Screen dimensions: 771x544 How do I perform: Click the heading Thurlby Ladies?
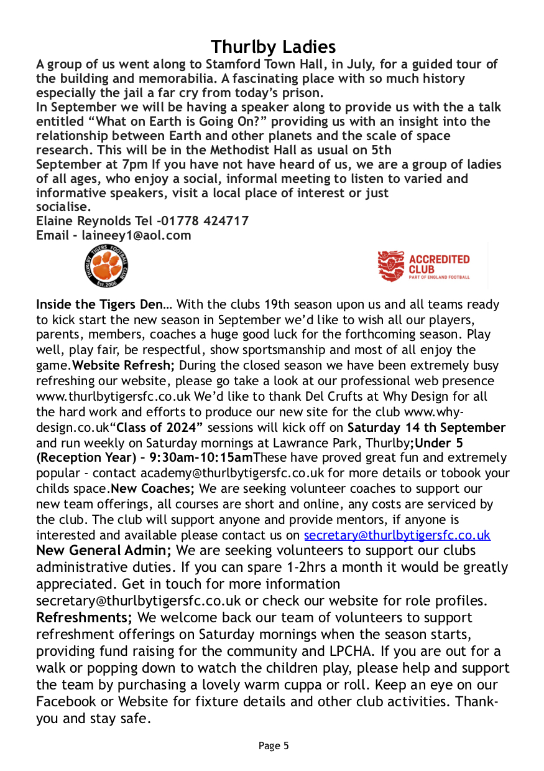coord(273,47)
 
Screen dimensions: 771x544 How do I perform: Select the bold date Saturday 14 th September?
coord(426,428)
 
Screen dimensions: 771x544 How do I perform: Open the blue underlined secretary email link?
coord(397,535)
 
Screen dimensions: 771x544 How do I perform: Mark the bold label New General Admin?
coord(104,551)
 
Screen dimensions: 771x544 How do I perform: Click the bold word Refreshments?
coord(84,618)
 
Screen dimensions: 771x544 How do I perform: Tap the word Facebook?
coord(67,702)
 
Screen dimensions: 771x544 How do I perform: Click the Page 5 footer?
coord(274,745)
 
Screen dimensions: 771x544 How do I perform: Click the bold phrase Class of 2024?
coord(160,428)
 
